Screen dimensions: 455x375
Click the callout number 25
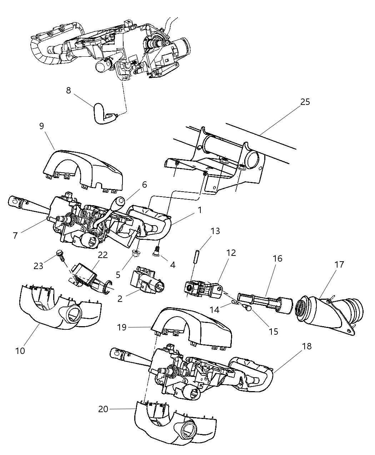click(x=305, y=102)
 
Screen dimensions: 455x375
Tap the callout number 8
click(x=69, y=90)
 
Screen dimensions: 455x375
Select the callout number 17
click(x=339, y=264)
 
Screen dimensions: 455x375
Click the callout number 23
click(x=39, y=266)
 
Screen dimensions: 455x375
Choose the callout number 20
click(x=103, y=409)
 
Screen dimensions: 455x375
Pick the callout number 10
click(x=20, y=350)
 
